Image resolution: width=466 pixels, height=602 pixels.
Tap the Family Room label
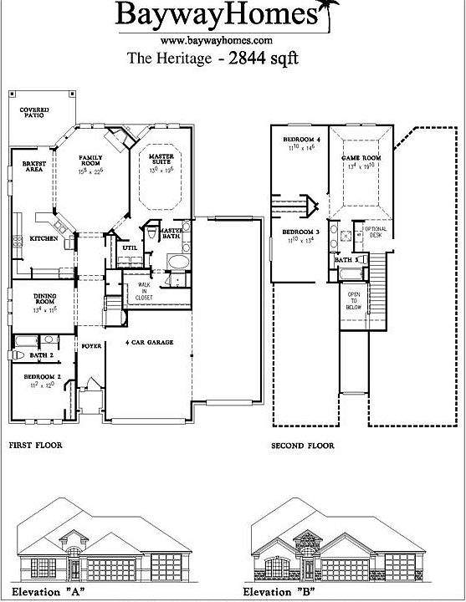[x=90, y=161]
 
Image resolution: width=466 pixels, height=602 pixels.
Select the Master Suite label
[x=161, y=160]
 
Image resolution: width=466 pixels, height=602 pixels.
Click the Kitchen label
[x=44, y=238]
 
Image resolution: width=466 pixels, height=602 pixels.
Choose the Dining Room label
[x=44, y=299]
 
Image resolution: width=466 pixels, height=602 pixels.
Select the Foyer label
[x=91, y=344]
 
